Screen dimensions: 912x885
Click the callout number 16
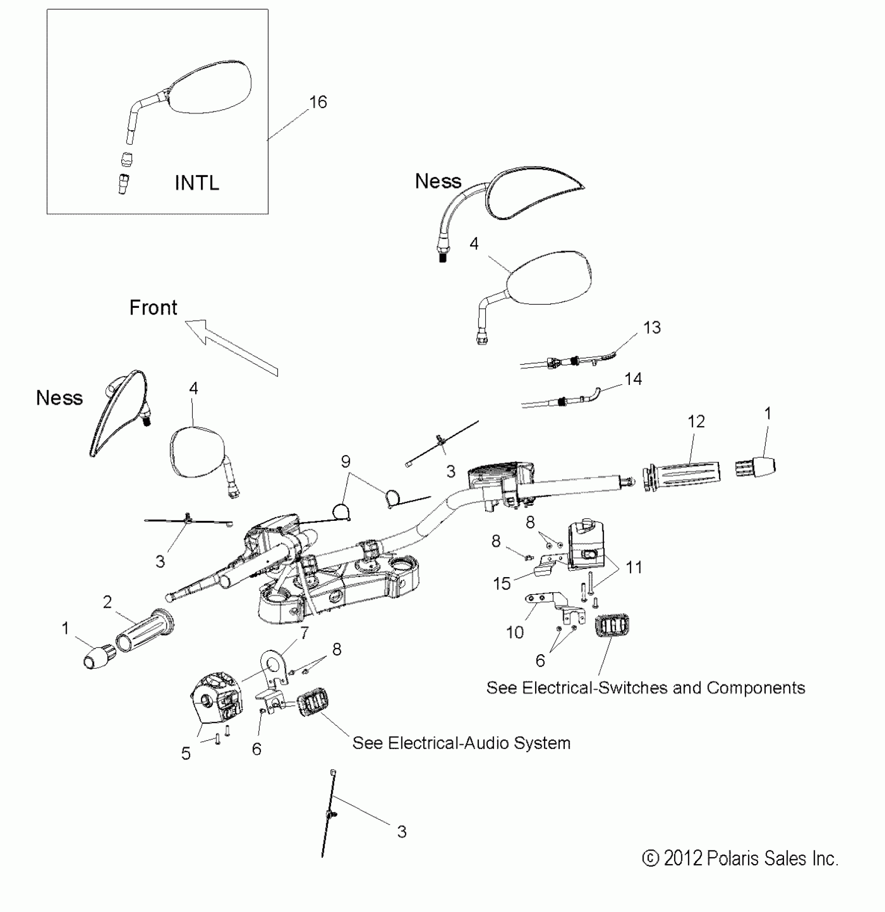318,102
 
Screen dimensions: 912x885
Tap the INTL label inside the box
197,183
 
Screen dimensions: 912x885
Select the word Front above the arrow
153,308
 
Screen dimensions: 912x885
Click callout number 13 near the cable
652,328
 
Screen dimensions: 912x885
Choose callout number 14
633,379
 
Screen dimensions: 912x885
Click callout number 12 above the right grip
696,421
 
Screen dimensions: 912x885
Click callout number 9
346,461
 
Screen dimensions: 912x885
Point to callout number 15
502,584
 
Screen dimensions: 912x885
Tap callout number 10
515,632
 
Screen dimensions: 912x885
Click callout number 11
634,567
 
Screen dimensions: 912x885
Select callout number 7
304,633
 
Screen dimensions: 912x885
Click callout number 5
186,754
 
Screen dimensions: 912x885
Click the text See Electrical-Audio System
461,743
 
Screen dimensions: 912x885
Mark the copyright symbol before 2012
650,858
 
